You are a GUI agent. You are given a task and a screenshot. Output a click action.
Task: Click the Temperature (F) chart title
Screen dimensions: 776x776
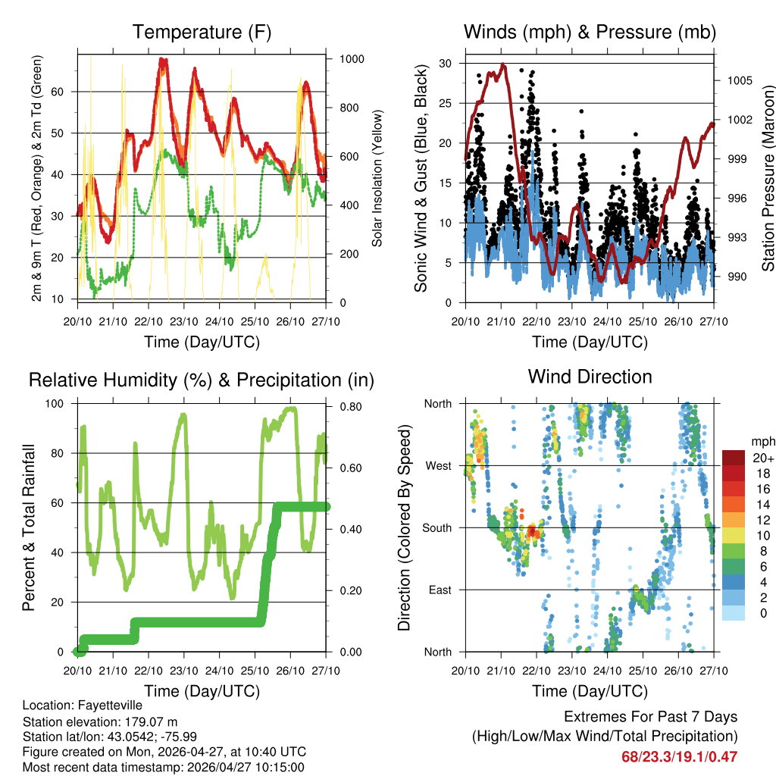pos(202,33)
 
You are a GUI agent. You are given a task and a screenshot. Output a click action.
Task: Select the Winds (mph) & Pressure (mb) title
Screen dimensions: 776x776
pos(590,33)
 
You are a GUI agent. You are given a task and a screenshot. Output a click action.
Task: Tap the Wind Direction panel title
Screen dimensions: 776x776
pos(590,377)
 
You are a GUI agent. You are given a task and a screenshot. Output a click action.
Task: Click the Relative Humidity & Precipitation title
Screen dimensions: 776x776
pos(201,380)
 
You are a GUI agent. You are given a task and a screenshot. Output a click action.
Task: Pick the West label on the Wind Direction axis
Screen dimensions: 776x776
pos(437,465)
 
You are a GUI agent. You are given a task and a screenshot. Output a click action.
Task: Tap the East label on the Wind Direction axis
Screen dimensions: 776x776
pos(439,590)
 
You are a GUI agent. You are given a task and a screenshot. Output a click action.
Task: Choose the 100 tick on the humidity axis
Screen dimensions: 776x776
pos(63,403)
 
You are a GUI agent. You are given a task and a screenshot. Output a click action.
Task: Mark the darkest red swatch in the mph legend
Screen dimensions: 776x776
pos(734,458)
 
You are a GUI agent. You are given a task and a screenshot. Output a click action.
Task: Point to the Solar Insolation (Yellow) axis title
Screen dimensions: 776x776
pos(378,178)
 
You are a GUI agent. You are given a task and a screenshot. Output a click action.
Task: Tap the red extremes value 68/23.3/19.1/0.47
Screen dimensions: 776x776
pos(679,756)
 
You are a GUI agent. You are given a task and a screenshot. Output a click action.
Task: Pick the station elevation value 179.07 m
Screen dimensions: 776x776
pos(150,721)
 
